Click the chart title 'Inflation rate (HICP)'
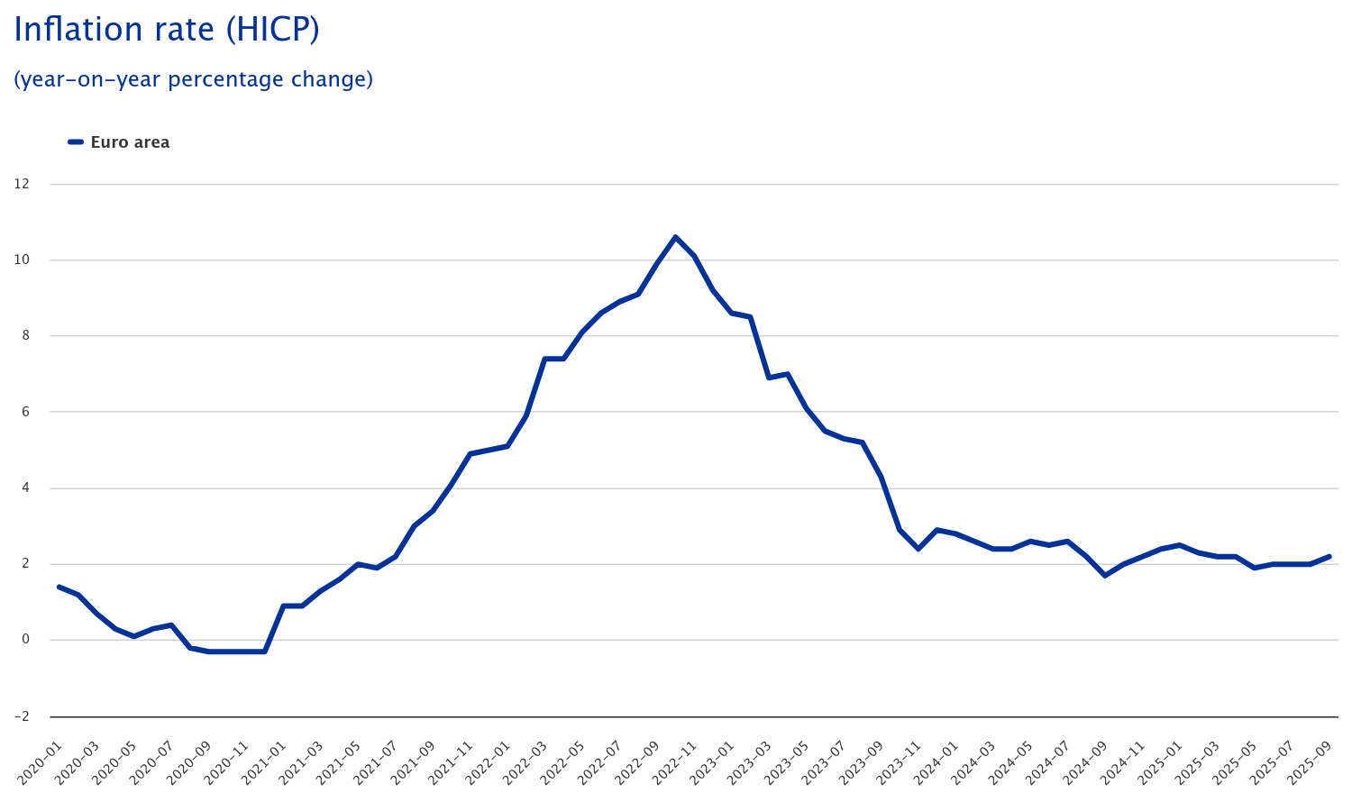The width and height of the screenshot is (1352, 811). pyautogui.click(x=167, y=30)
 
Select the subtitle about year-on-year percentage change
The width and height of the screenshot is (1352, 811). pyautogui.click(x=193, y=79)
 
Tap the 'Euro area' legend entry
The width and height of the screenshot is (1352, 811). pyautogui.click(x=130, y=142)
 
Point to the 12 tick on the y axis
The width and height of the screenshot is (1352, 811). pyautogui.click(x=22, y=184)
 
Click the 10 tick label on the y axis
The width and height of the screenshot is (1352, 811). pyautogui.click(x=22, y=260)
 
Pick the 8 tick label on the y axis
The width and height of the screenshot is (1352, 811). pyautogui.click(x=24, y=335)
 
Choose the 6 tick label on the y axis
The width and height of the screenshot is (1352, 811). pyautogui.click(x=24, y=412)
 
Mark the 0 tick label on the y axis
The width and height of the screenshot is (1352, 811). pyautogui.click(x=24, y=640)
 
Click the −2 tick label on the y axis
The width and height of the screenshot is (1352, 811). pyautogui.click(x=21, y=716)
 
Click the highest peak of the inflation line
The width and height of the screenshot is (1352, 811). pyautogui.click(x=675, y=237)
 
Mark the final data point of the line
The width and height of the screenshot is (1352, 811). pyautogui.click(x=1329, y=557)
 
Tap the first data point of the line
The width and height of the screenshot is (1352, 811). pyautogui.click(x=59, y=587)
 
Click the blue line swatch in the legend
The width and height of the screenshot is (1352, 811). pyautogui.click(x=76, y=142)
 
